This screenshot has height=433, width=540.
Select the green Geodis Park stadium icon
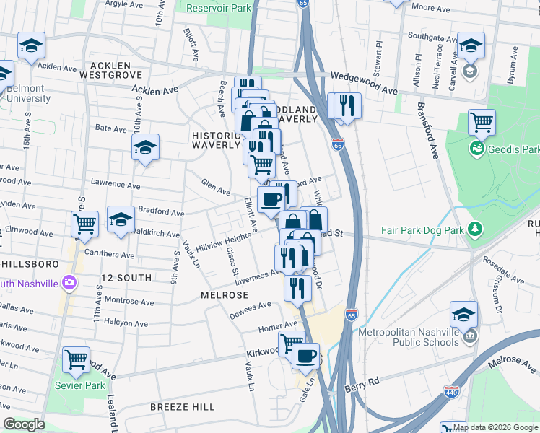tap(476, 149)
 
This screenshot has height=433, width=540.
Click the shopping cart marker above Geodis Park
tap(482, 123)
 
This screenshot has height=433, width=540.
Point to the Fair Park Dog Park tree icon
tap(474, 230)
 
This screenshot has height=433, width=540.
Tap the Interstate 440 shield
tap(451, 392)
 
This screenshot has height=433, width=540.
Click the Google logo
tap(23, 424)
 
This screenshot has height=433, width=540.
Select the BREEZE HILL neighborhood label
tap(182, 407)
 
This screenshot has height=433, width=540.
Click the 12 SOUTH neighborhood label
tap(126, 278)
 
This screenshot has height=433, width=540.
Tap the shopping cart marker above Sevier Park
tap(76, 359)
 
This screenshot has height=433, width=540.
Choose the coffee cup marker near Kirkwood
tap(305, 355)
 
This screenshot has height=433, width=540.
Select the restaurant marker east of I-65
tap(344, 105)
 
